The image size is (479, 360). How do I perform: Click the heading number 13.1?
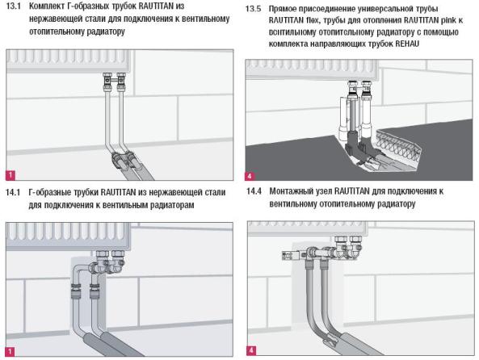tap(14, 6)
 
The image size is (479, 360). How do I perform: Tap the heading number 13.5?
tap(254, 9)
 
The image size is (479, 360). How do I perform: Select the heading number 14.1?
tap(13, 192)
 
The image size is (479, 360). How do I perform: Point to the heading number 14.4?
tap(254, 191)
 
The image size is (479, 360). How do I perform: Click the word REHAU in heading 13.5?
tap(407, 44)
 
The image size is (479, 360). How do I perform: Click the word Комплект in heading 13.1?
tap(46, 6)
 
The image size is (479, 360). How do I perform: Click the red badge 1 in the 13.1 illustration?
tap(11, 175)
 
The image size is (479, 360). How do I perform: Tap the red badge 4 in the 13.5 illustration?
tap(250, 176)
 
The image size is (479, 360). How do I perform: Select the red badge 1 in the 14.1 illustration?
tap(10, 351)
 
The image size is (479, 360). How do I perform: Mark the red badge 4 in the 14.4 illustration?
tap(251, 350)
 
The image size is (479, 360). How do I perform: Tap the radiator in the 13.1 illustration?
tap(68, 61)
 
